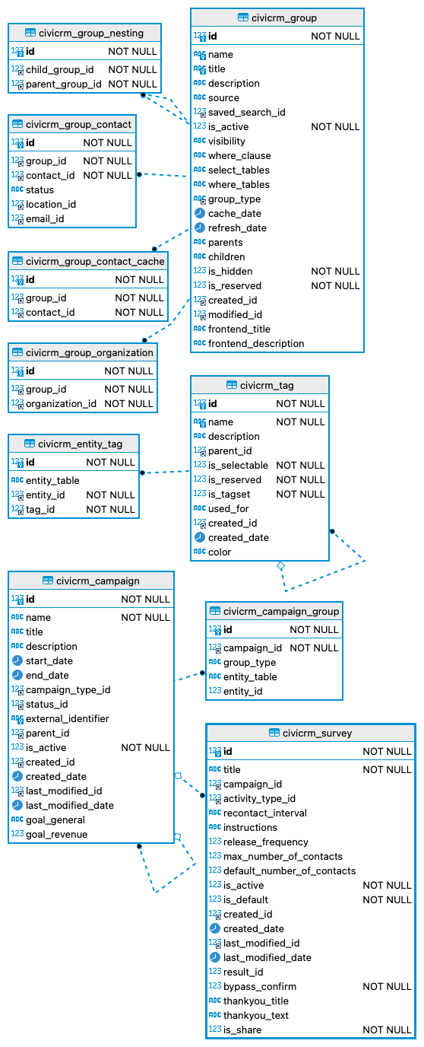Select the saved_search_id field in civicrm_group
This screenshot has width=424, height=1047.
coord(246,112)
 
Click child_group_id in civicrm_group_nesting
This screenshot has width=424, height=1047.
coord(59,69)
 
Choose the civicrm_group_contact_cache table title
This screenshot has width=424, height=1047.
coord(94,261)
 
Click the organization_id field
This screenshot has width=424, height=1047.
coord(61,403)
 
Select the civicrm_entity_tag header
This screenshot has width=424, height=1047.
coord(79,444)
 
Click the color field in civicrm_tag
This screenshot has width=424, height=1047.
coord(220,552)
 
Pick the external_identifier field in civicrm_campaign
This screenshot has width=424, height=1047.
coord(67,718)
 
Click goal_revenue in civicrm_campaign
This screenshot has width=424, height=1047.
coord(56,834)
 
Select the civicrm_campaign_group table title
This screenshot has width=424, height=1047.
coord(281,611)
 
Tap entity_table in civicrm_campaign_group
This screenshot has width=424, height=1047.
coord(250,676)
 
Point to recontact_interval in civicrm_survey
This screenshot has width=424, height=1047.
coord(264,813)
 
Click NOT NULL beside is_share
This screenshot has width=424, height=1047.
coord(387,1029)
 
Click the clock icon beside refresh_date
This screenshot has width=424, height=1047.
coord(199,228)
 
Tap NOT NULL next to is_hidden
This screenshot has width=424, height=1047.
coord(335,271)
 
